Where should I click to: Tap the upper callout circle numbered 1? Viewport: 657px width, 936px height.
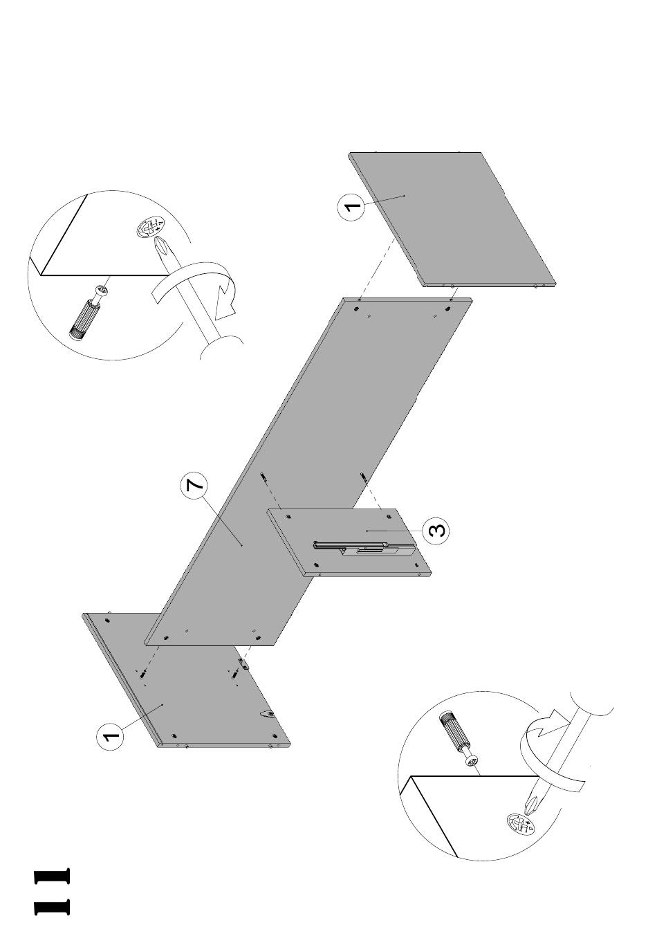352,207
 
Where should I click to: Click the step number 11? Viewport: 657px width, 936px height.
52,892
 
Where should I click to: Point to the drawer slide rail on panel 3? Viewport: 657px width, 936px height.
363,549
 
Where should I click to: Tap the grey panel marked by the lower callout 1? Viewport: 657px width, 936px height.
201,699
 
